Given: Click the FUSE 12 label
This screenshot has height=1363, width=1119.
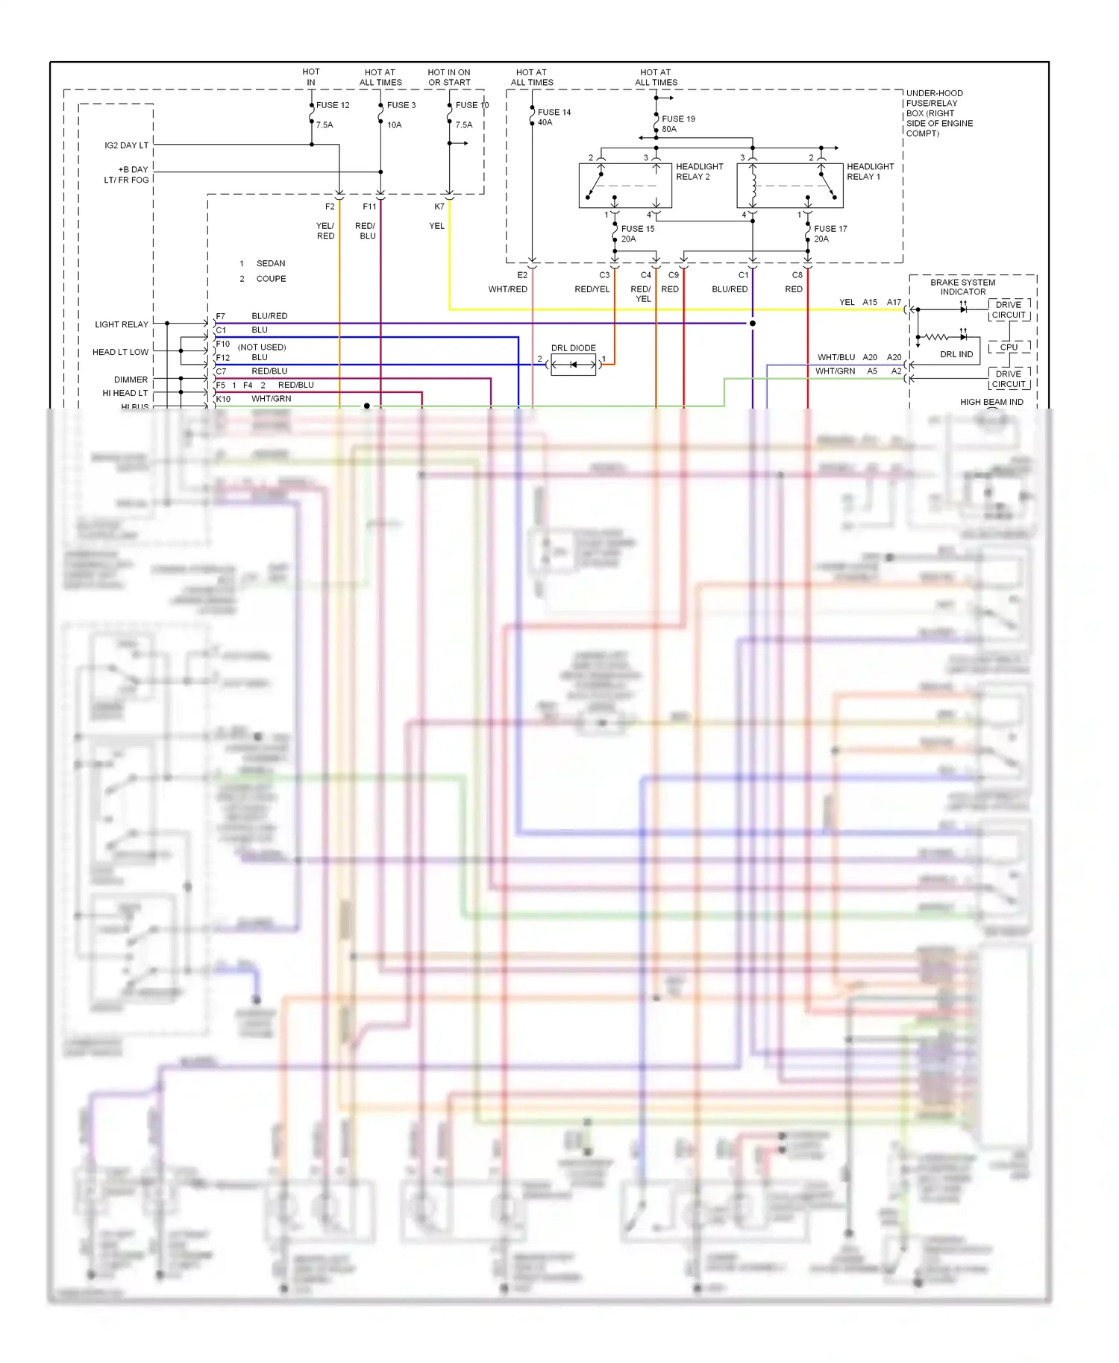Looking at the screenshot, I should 333,105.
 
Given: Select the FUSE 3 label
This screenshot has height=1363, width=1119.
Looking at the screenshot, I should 401,105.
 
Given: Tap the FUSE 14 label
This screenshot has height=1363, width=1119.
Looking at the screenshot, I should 554,112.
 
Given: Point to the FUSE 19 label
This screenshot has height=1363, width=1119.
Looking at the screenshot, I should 678,119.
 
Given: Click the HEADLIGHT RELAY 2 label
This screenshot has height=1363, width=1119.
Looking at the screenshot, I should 699,171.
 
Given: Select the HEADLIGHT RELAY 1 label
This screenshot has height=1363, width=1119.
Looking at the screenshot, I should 870,171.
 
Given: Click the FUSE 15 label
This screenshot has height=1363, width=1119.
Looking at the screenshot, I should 637,229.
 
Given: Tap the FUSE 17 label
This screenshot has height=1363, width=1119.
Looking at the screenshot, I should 830,229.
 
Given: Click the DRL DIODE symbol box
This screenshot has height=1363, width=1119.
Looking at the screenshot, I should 573,365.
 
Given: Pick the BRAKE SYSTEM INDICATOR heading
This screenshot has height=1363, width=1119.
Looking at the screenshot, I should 962,287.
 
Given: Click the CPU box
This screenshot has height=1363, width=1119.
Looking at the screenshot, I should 1009,347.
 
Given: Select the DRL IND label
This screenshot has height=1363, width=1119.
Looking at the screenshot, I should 956,354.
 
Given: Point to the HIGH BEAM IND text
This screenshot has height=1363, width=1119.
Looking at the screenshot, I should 991,402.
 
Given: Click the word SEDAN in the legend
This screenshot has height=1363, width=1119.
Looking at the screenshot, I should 270,263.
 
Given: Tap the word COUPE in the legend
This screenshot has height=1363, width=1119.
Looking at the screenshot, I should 271,279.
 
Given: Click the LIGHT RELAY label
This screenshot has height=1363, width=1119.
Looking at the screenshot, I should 122,324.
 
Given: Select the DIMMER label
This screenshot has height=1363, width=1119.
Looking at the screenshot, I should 131,380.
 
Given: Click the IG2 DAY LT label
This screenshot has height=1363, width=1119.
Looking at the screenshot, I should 126,145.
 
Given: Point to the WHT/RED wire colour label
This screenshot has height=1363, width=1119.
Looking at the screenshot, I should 507,289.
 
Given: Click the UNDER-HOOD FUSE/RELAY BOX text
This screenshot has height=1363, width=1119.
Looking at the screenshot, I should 938,113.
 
